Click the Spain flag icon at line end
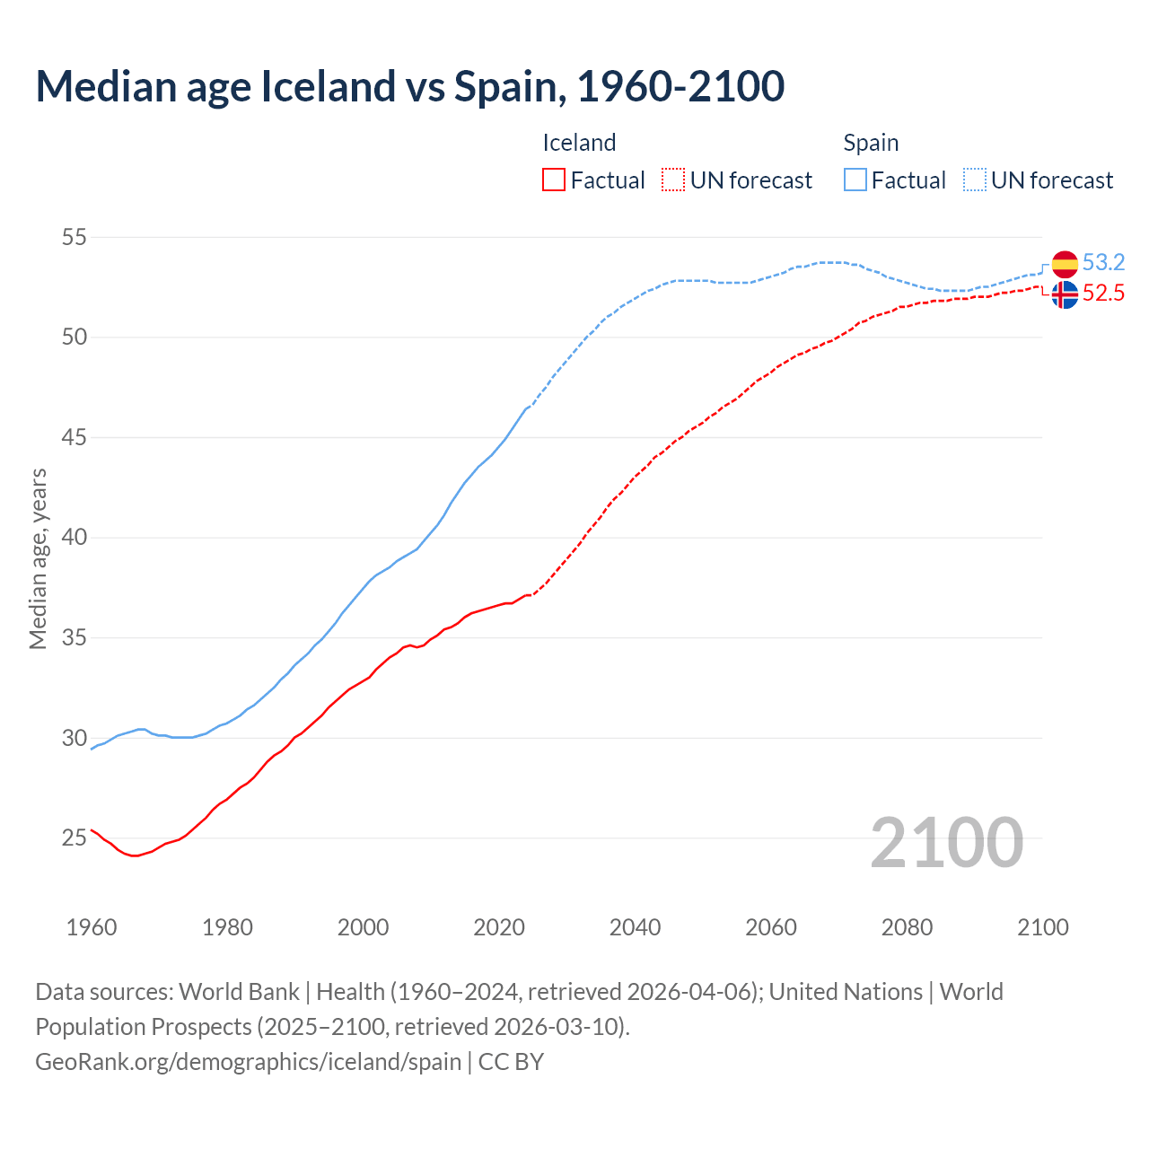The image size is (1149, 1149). (x=1065, y=264)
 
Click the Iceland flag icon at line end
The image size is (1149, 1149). (x=1065, y=294)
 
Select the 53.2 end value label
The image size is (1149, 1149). (x=1103, y=262)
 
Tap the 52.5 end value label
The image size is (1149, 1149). (x=1103, y=294)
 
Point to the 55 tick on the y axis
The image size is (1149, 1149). (x=75, y=238)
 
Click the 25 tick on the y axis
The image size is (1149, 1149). (x=75, y=838)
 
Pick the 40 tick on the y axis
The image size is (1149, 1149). (x=75, y=538)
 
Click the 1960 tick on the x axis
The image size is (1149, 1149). (x=92, y=927)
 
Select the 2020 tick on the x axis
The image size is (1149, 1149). (x=499, y=927)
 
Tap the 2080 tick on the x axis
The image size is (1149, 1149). (x=907, y=927)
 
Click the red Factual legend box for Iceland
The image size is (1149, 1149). (x=554, y=180)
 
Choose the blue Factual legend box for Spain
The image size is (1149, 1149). (x=855, y=180)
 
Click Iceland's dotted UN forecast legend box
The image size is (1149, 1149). (x=673, y=180)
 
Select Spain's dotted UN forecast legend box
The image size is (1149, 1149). (x=974, y=180)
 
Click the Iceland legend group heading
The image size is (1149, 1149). (x=579, y=143)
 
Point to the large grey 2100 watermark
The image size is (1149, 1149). (x=946, y=842)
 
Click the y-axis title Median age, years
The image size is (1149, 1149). (x=38, y=558)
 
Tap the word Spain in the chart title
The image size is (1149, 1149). (x=508, y=86)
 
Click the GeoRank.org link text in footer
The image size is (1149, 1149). (x=248, y=1061)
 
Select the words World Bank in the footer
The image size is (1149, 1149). (x=239, y=992)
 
